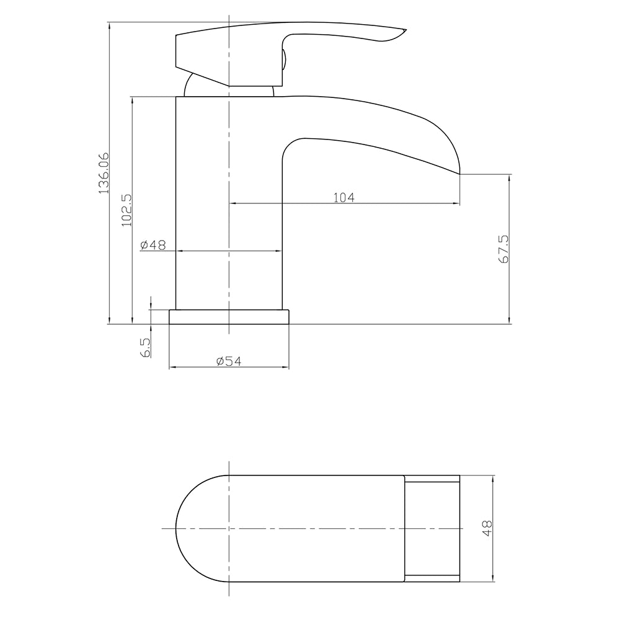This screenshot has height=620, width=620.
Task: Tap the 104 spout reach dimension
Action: point(343,197)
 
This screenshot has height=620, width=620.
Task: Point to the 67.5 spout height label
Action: point(503,249)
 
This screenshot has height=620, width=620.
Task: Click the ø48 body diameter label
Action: point(153,245)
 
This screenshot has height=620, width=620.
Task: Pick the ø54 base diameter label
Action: point(229,361)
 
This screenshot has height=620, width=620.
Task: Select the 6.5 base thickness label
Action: point(146,347)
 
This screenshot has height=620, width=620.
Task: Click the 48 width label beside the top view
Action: point(487,528)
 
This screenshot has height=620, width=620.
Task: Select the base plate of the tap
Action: point(229,316)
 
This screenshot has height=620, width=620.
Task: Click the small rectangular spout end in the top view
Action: point(432,528)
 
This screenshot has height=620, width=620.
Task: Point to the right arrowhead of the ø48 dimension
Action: point(278,250)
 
